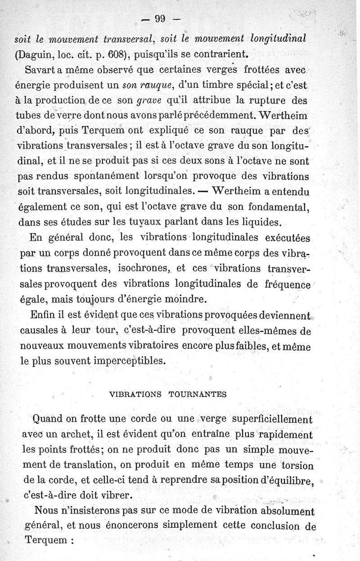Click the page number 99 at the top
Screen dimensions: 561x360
(x=161, y=19)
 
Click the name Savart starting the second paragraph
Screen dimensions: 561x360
(x=44, y=72)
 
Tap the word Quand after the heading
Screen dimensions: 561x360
(x=48, y=420)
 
